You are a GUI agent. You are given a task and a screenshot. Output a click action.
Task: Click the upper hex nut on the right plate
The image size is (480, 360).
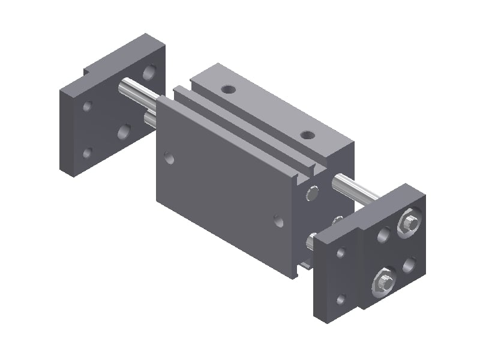click(x=410, y=223)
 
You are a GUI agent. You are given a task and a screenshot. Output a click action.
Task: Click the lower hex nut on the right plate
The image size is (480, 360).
click(x=383, y=281)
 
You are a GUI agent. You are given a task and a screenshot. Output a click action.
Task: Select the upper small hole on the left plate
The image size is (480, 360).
click(x=88, y=106)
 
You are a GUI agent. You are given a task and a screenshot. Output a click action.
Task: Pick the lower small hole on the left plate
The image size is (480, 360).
click(x=88, y=152)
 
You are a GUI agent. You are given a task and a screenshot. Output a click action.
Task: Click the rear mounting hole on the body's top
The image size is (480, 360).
click(x=228, y=90)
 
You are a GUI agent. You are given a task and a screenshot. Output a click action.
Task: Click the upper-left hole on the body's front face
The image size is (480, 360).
click(x=170, y=158)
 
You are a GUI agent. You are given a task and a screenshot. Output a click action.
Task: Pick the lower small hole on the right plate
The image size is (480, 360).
click(x=341, y=298)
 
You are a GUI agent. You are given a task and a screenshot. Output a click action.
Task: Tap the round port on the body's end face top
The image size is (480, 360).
click(x=312, y=194)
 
